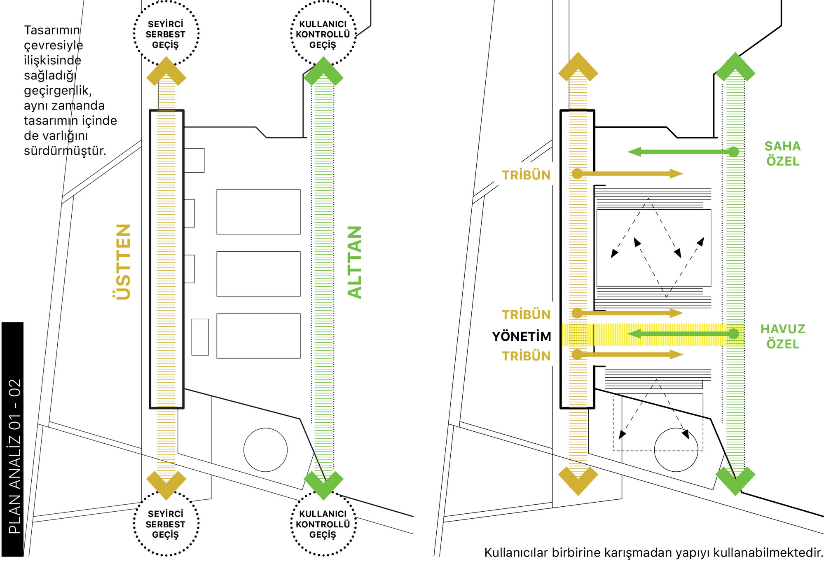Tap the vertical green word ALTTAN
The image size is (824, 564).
point(354,262)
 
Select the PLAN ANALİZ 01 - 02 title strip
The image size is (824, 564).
point(13,439)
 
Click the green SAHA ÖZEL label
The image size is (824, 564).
point(782,154)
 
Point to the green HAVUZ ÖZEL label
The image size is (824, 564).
point(782,337)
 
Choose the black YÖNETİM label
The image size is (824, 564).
point(522,337)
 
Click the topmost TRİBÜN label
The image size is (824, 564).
point(526,175)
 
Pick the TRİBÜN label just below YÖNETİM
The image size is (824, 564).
point(526,356)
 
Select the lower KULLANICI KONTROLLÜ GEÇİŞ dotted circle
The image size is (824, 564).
point(323,524)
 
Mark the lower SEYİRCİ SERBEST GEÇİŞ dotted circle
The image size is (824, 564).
point(166,524)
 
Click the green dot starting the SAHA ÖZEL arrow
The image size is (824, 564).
point(733,152)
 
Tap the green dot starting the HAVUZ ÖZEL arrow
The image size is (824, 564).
point(733,334)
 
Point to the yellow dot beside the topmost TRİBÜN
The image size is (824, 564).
point(578,174)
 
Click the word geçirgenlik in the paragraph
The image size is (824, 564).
point(57,91)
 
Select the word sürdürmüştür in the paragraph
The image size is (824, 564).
point(65,151)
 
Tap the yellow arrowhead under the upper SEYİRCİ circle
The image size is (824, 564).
point(166,72)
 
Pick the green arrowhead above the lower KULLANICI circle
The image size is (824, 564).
point(323,484)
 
